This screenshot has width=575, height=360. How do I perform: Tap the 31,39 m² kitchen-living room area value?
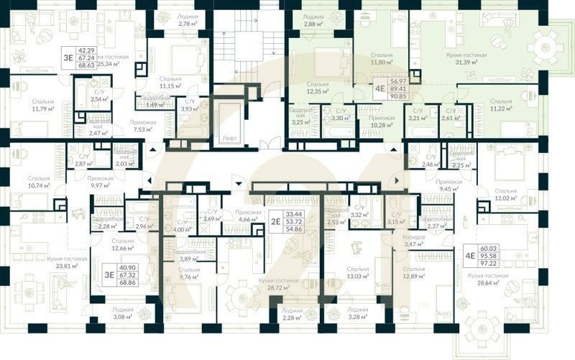469,63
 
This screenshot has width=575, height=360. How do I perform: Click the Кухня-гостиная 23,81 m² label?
67,262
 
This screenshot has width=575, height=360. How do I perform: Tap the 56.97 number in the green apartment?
399,83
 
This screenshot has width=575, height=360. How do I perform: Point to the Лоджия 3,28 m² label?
357,313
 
